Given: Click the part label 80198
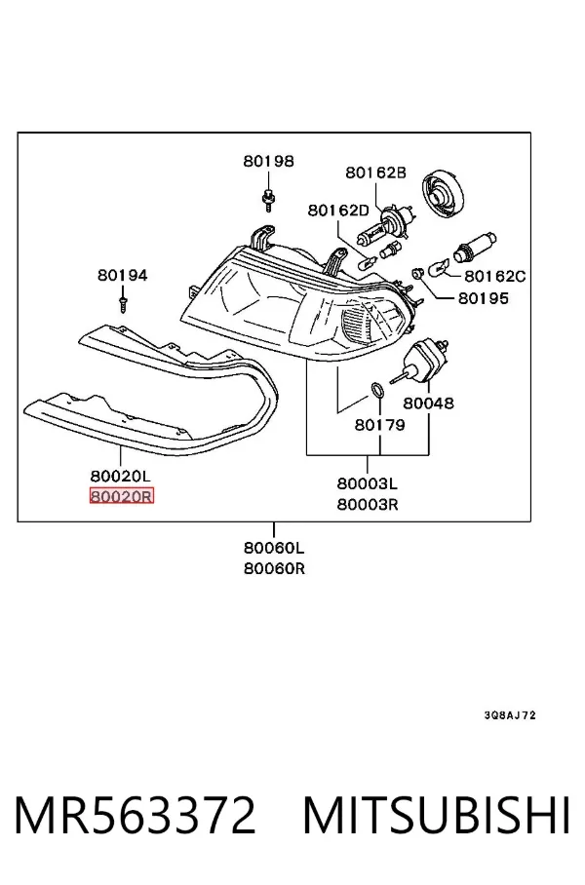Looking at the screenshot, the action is [269, 161].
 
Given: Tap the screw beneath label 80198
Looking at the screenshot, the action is [268, 198].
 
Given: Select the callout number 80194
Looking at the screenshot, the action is [123, 275].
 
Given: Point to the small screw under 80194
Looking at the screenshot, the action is [123, 301].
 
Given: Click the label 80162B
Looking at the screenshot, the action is [376, 173].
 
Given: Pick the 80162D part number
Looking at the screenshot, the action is [338, 211].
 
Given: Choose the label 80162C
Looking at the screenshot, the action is [494, 276].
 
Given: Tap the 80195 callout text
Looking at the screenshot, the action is [484, 298].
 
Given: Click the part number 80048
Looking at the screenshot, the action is [428, 403].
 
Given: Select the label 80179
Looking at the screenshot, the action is [380, 424].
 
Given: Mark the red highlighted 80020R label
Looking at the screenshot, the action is [122, 496].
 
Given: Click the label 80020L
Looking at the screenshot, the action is [121, 476].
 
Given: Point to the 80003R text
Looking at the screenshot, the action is [368, 504].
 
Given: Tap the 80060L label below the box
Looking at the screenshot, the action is [274, 548].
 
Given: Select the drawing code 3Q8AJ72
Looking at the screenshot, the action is [510, 715].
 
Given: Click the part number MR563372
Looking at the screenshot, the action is [135, 815].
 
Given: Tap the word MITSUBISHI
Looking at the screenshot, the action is [437, 815].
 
